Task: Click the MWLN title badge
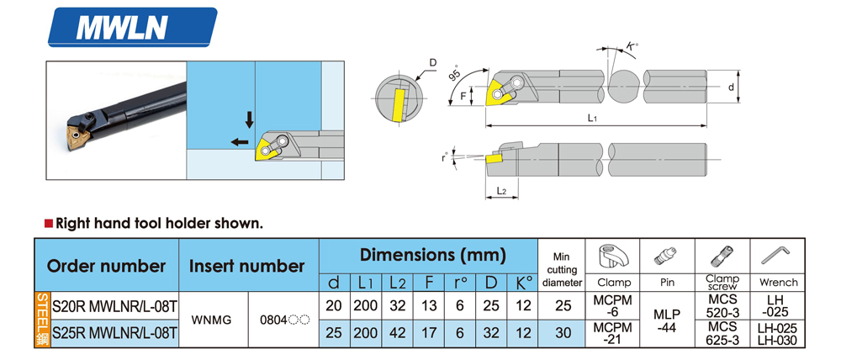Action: [x=135, y=28]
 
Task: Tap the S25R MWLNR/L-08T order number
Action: [x=114, y=334]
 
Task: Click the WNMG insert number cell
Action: [x=214, y=320]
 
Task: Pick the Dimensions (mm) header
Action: [x=432, y=254]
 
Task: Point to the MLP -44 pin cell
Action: [x=667, y=320]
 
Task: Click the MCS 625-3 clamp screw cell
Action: [x=722, y=334]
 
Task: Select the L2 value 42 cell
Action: [x=398, y=334]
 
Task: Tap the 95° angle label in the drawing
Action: [x=454, y=74]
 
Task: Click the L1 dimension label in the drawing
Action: [x=592, y=119]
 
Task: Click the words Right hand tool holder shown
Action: [x=159, y=224]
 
